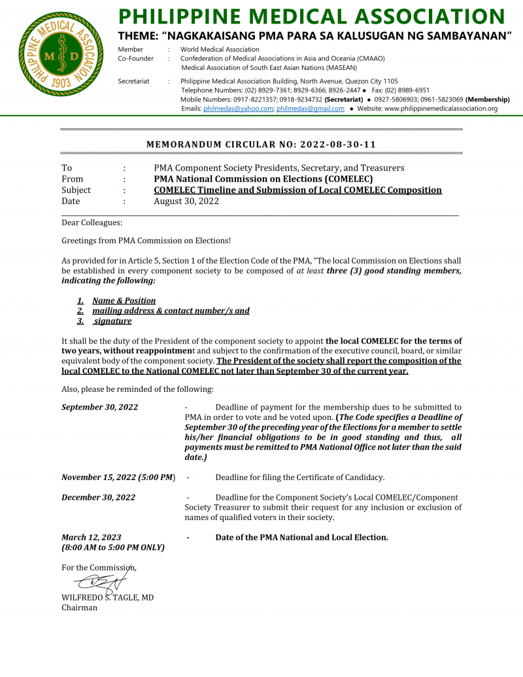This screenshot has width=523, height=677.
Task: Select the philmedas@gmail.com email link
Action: click(x=310, y=109)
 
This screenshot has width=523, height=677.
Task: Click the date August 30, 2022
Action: click(x=186, y=201)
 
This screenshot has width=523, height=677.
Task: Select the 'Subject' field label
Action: click(x=76, y=190)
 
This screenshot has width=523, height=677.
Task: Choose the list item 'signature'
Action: click(x=112, y=321)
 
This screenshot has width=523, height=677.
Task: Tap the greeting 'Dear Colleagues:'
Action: click(x=92, y=223)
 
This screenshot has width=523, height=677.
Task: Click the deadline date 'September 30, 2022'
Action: click(x=99, y=407)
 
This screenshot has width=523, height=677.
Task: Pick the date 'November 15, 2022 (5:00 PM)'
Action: click(x=118, y=477)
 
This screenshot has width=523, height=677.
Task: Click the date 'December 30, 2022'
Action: click(x=98, y=497)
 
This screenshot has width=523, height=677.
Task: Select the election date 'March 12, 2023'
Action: click(x=91, y=538)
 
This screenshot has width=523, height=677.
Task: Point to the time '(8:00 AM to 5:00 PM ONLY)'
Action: click(x=112, y=547)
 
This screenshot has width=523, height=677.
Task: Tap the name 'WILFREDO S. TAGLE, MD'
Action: click(x=107, y=598)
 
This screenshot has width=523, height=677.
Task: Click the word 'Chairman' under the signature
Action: click(x=79, y=608)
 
